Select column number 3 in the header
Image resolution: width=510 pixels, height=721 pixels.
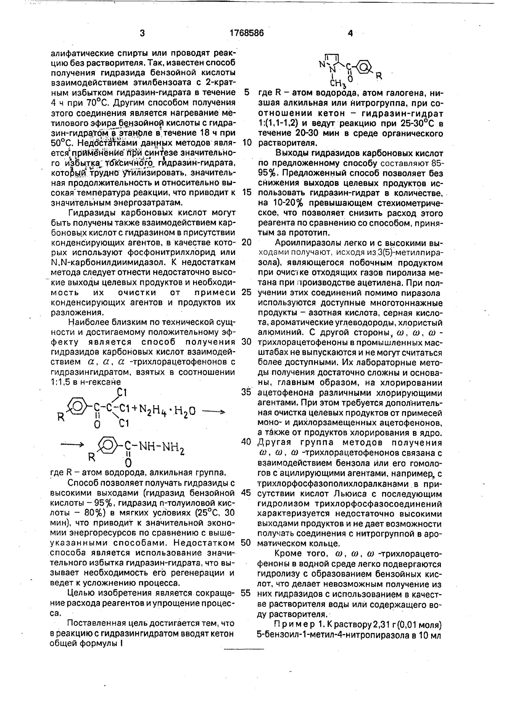[x=142, y=33]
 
